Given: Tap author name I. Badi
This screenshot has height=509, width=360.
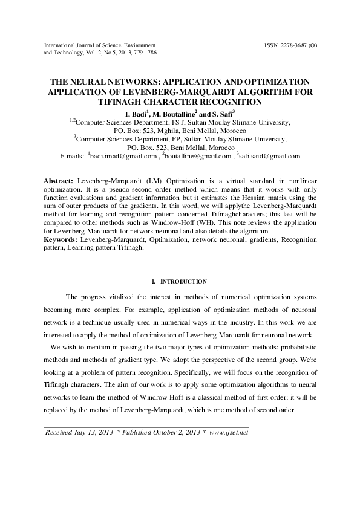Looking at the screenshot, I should pyautogui.click(x=137, y=114).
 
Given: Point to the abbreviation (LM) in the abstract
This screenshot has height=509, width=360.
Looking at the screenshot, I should pyautogui.click(x=153, y=181).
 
